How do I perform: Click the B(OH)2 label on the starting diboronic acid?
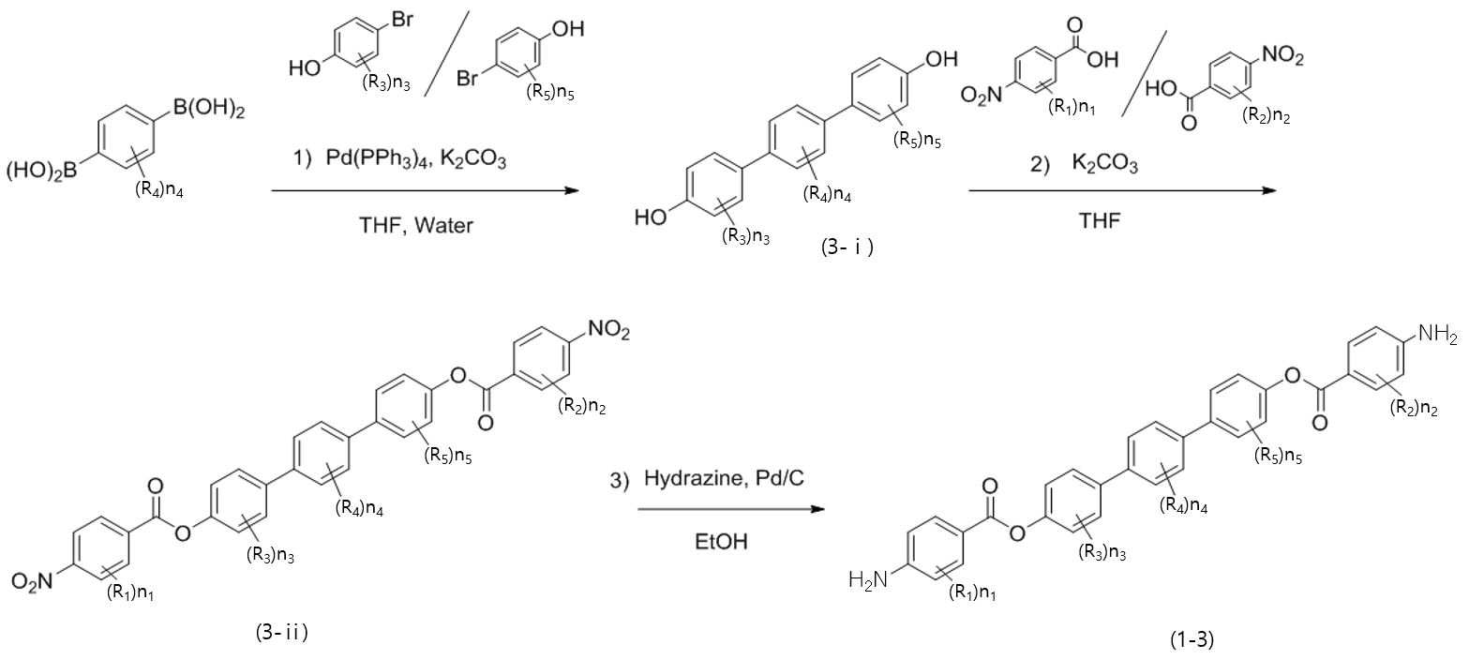[x=208, y=109]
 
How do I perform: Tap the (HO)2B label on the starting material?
[x=42, y=172]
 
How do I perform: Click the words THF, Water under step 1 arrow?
[x=416, y=226]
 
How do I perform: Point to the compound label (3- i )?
[x=847, y=247]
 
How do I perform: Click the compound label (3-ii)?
[x=281, y=633]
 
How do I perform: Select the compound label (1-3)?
[x=1192, y=639]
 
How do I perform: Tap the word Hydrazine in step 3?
[x=694, y=478]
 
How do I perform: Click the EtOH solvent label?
[x=722, y=542]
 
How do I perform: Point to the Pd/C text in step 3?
[x=780, y=478]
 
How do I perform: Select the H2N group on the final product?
[x=868, y=580]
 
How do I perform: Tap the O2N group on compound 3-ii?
[x=32, y=580]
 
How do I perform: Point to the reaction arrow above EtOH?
[x=731, y=509]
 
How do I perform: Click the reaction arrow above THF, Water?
[x=426, y=191]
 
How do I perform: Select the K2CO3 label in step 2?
[x=1105, y=163]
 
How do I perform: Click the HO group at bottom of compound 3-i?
[x=651, y=217]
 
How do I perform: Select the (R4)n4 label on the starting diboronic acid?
[x=158, y=191]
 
